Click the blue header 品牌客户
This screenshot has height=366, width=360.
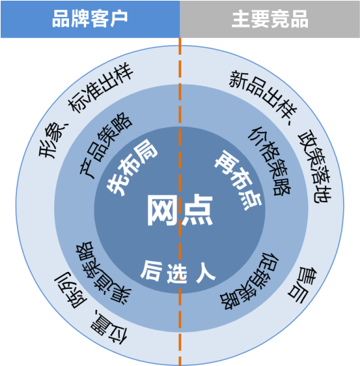(x=90, y=19)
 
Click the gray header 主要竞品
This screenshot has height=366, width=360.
(x=270, y=19)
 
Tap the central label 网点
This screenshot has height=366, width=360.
(x=180, y=210)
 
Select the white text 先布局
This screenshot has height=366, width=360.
(x=132, y=167)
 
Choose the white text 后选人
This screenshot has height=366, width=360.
(x=178, y=272)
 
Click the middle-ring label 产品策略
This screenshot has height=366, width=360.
(x=106, y=145)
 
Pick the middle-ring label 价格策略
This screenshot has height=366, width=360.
(x=269, y=161)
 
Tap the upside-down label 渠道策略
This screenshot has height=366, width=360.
(x=103, y=273)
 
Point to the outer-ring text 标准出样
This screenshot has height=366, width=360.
(x=100, y=87)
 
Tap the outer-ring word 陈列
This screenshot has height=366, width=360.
(x=70, y=290)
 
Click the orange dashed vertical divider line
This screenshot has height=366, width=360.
(x=180, y=202)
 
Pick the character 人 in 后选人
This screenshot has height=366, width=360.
(x=206, y=272)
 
